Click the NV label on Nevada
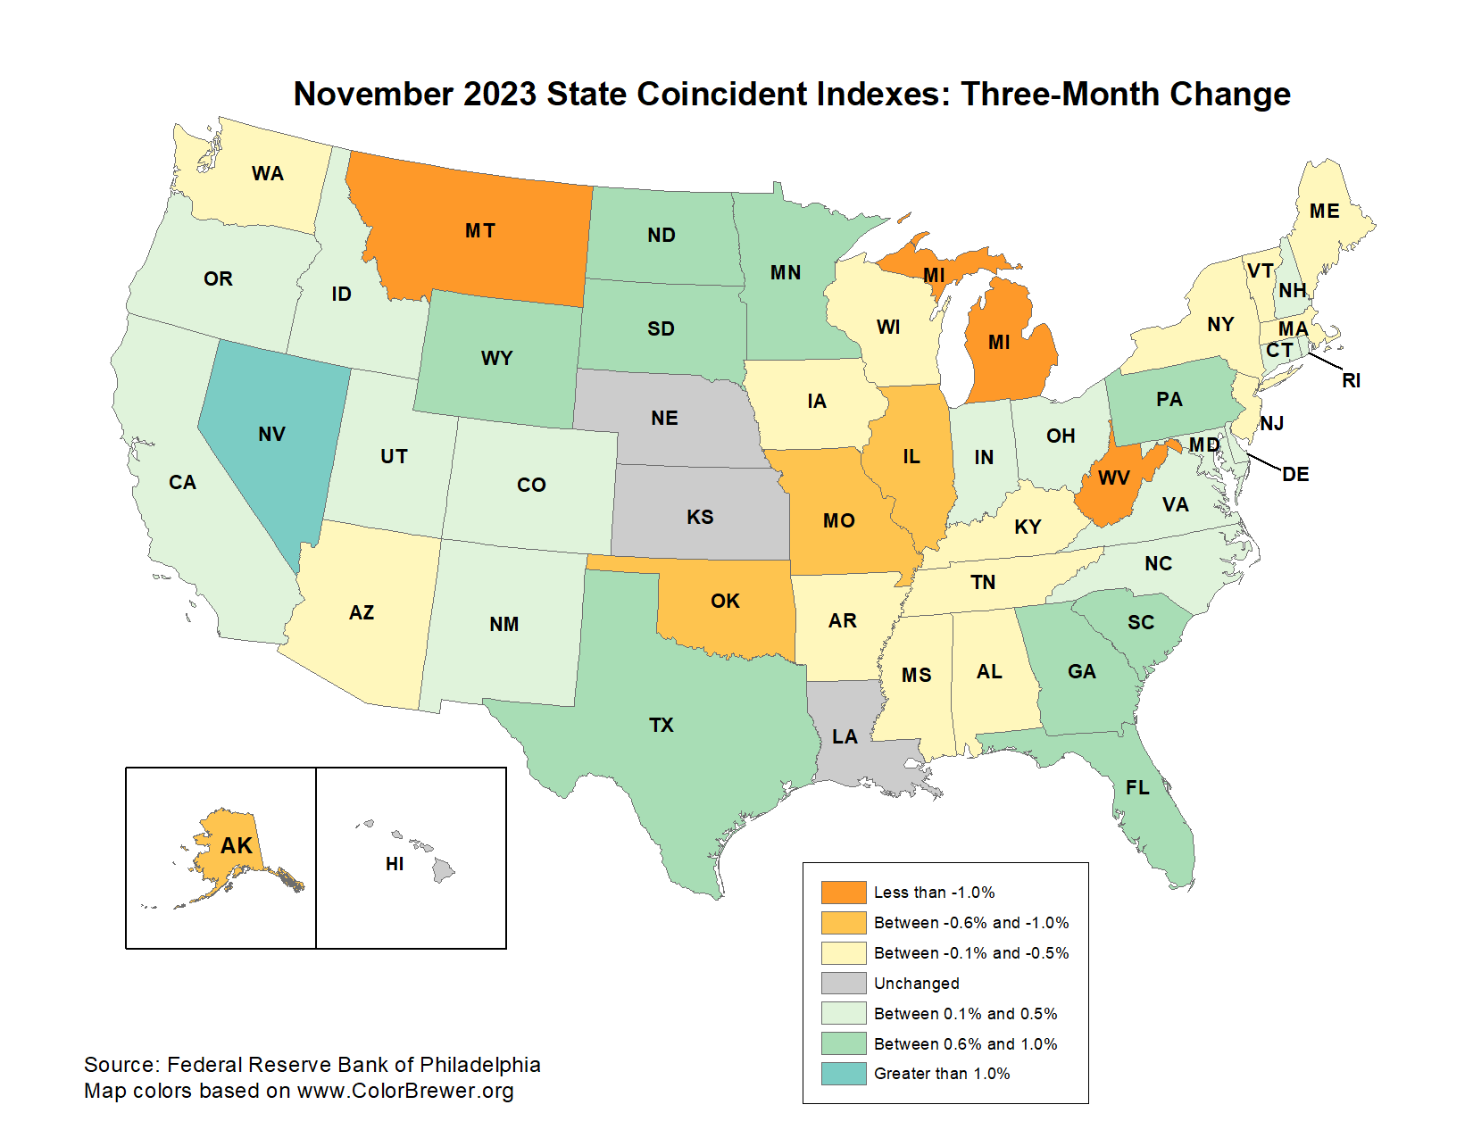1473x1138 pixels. point(271,435)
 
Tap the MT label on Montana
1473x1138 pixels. point(479,231)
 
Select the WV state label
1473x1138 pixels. point(1113,478)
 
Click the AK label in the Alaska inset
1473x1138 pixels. point(237,846)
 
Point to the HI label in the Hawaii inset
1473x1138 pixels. point(395,864)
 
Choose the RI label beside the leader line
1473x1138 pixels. point(1351,381)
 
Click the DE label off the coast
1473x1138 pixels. point(1295,475)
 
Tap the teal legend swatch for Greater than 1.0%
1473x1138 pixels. point(843,1074)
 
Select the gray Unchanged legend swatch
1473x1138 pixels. point(843,983)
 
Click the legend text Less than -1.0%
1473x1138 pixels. point(934,893)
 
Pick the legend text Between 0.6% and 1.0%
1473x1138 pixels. point(965,1043)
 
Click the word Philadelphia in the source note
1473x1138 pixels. point(479,1065)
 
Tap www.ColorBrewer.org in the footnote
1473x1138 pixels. point(405,1091)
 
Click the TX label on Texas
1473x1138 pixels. point(661,726)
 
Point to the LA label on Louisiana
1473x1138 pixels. point(845,737)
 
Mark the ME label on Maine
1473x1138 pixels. point(1324,212)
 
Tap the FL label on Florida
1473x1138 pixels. point(1137,788)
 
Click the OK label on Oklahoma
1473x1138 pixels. point(725,602)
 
